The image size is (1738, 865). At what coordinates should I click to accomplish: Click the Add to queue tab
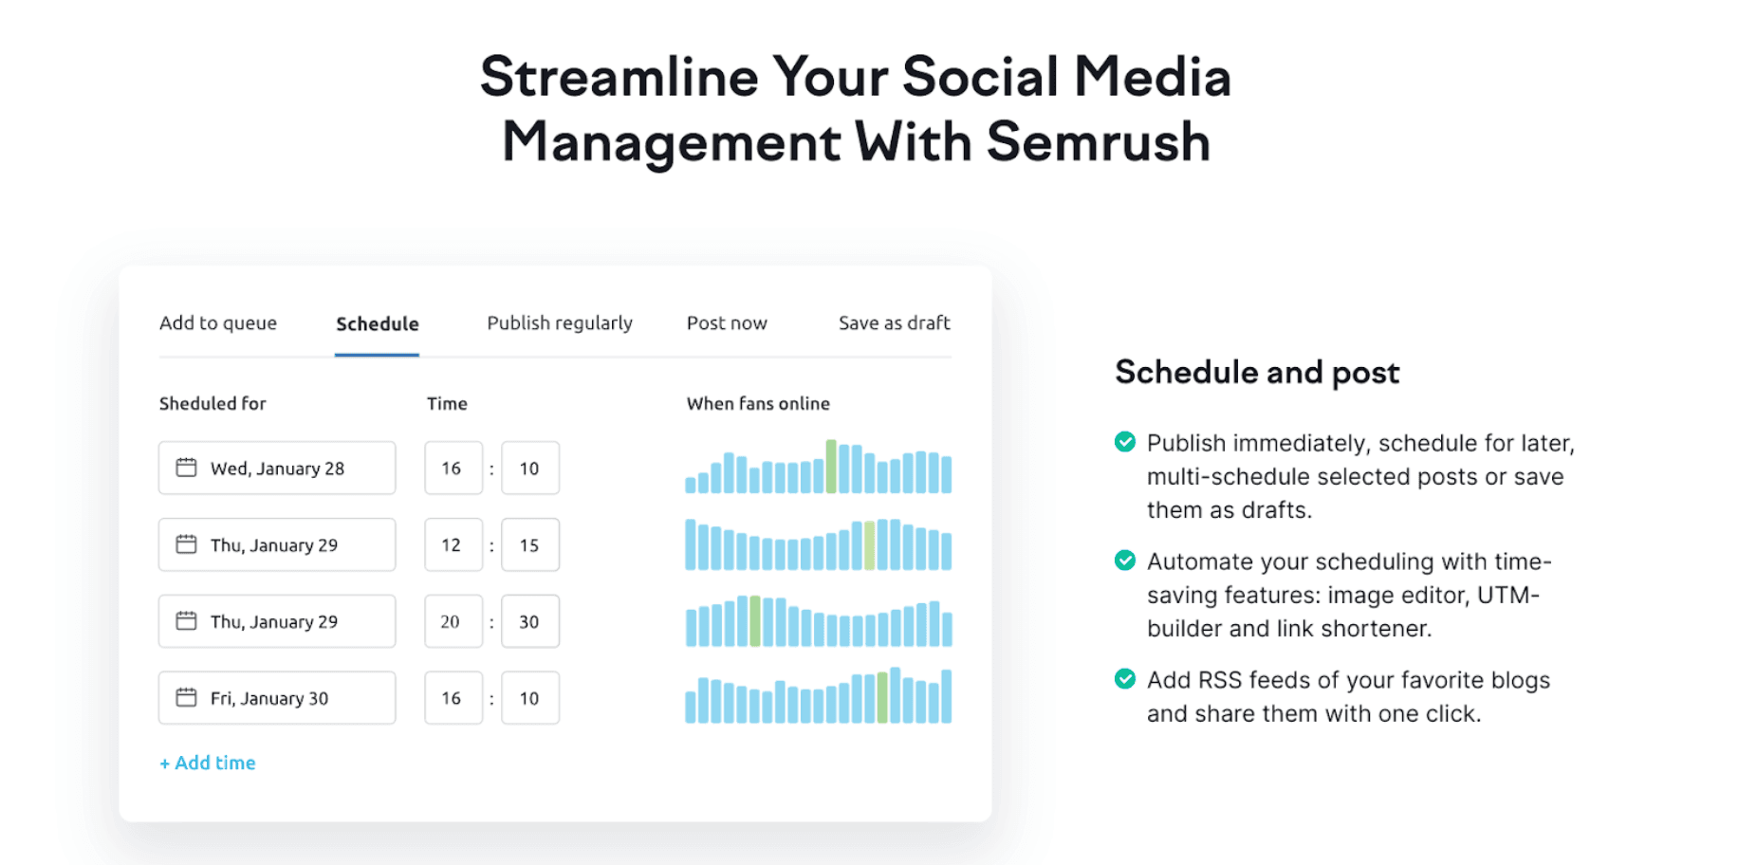(x=218, y=323)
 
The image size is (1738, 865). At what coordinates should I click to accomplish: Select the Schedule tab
(x=377, y=324)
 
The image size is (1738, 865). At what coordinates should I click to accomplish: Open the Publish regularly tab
(x=559, y=323)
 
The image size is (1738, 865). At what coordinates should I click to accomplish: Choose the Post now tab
(x=727, y=323)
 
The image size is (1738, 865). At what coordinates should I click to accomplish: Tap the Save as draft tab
(x=894, y=323)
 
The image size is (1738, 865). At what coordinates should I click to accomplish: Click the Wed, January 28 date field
(x=277, y=469)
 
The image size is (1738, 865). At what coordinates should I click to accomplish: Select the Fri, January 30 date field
(x=277, y=698)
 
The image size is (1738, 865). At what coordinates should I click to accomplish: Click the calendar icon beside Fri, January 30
(x=186, y=697)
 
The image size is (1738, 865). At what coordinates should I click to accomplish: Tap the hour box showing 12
(x=453, y=545)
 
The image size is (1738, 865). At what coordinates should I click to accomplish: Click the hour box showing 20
(x=453, y=622)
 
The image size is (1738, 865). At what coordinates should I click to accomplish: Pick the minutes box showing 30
(x=529, y=622)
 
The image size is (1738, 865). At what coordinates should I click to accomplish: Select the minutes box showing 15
(x=529, y=545)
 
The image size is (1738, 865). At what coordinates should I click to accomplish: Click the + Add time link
(x=208, y=763)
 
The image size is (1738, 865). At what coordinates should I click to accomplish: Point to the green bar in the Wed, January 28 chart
(x=831, y=468)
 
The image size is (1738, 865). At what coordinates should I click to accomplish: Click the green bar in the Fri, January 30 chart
(x=882, y=698)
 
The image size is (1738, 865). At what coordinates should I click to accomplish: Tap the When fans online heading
(x=758, y=404)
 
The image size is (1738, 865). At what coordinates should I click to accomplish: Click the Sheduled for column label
(x=213, y=404)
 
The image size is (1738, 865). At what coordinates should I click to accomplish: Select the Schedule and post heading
(x=1257, y=373)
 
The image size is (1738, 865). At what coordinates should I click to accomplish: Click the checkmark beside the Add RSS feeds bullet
(x=1125, y=679)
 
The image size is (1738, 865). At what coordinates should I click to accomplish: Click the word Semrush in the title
(x=1098, y=142)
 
